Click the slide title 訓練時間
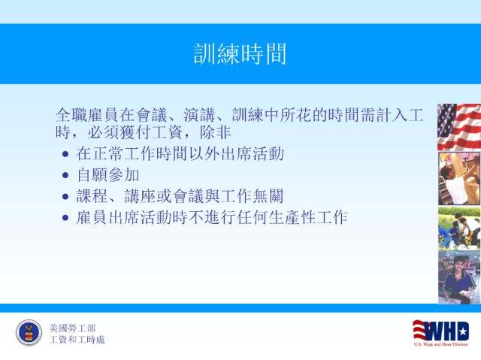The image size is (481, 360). click(240, 54)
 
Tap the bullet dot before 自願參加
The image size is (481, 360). click(65, 175)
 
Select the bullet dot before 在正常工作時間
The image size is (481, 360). click(65, 154)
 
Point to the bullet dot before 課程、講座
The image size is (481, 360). click(65, 197)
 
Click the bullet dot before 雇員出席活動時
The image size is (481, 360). click(65, 218)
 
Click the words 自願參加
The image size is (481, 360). click(108, 175)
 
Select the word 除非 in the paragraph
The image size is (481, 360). click(216, 133)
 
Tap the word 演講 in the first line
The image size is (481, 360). click(199, 115)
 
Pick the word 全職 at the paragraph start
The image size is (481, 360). click(71, 115)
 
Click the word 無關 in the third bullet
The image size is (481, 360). click(268, 196)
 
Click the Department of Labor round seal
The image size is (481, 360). click(29, 332)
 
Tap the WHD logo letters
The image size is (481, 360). click(441, 331)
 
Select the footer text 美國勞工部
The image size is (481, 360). click(72, 328)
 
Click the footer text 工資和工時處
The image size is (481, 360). click(77, 340)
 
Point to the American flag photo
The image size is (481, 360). click(459, 127)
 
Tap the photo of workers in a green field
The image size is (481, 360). click(459, 228)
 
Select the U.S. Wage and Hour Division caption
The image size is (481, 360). click(441, 344)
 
